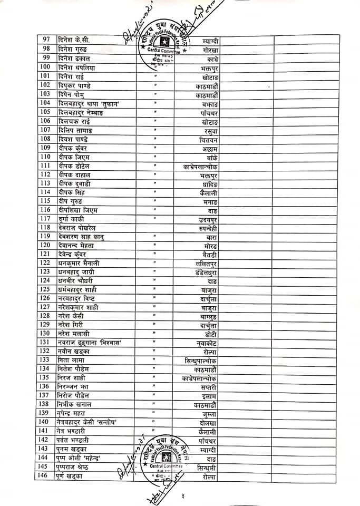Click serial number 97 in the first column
[46, 40]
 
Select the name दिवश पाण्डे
[73, 139]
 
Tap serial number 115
[46, 201]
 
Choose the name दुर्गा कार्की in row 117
[73, 218]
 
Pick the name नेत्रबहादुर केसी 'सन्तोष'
[87, 422]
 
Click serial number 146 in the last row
[46, 476]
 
